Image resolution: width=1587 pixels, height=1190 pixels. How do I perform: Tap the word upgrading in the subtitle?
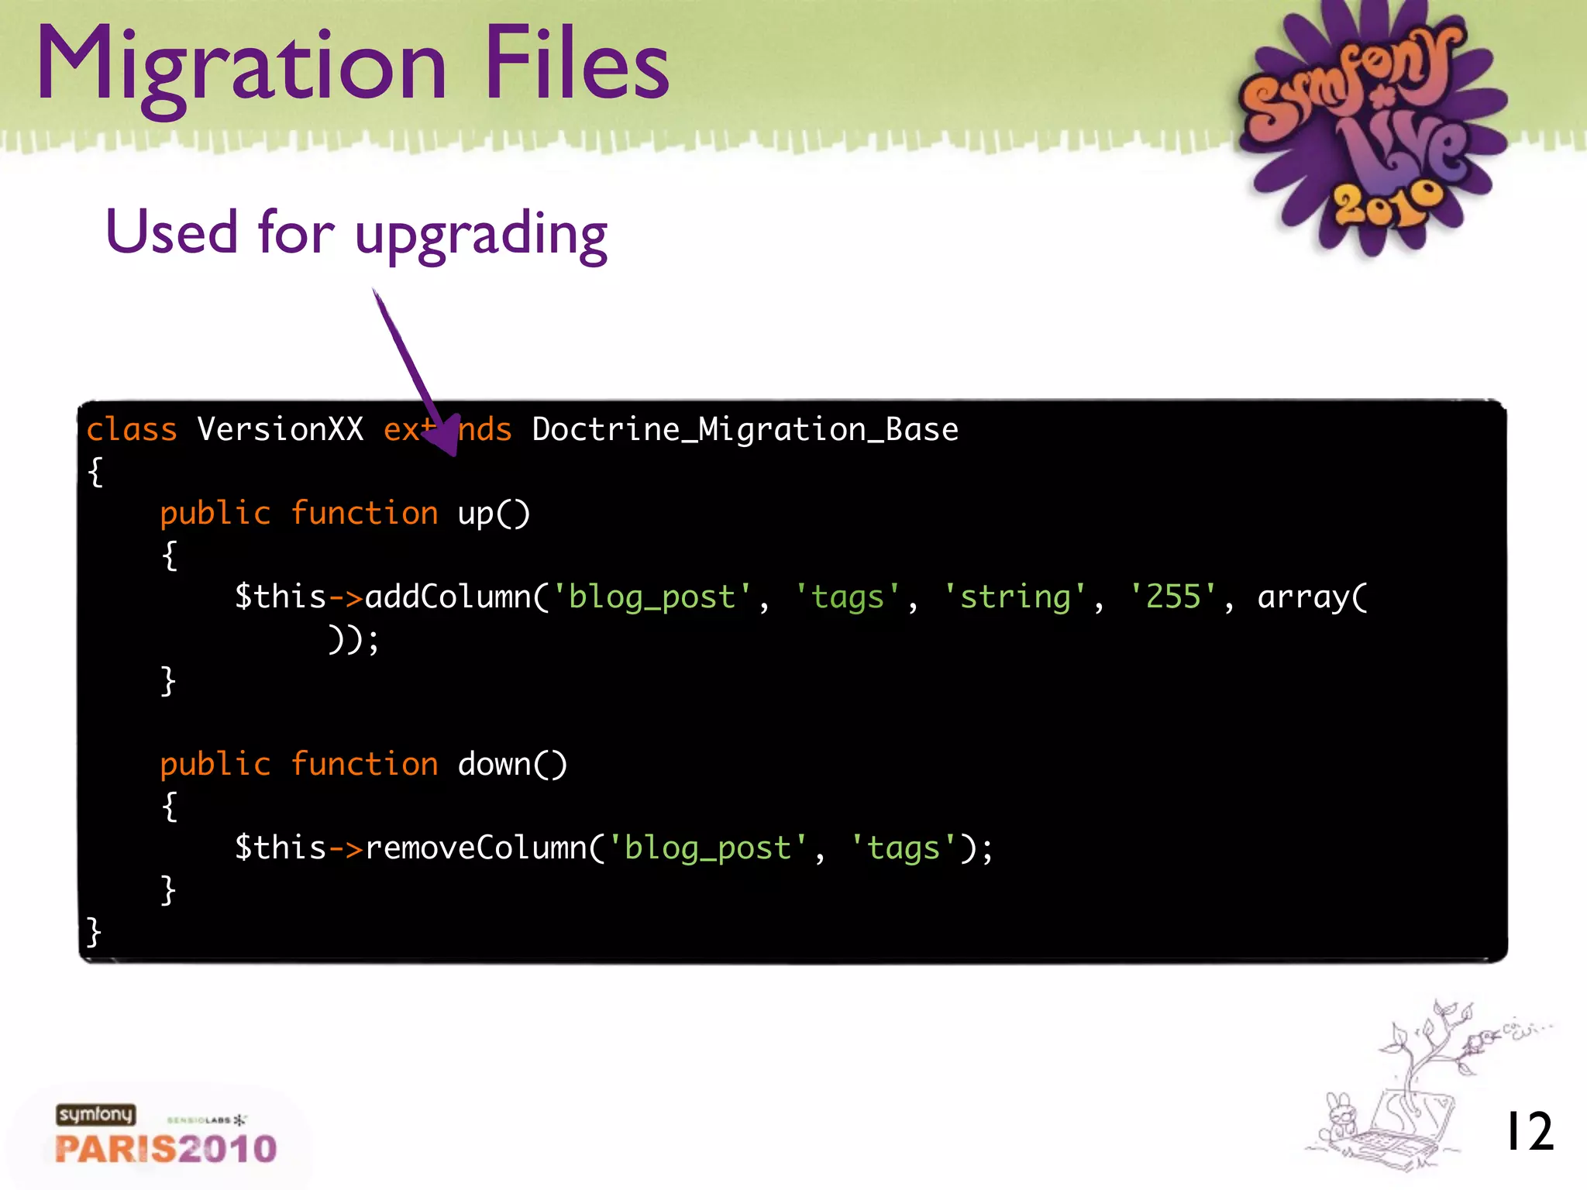pyautogui.click(x=480, y=235)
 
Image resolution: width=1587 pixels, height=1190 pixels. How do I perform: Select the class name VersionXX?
pyautogui.click(x=280, y=429)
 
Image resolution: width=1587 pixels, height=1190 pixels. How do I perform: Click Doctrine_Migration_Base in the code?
pyautogui.click(x=745, y=429)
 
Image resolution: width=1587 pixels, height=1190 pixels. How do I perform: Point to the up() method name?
pyautogui.click(x=493, y=513)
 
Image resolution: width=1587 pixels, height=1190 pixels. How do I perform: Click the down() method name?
pyautogui.click(x=511, y=764)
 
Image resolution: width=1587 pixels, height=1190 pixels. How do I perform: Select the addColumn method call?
pyautogui.click(x=447, y=597)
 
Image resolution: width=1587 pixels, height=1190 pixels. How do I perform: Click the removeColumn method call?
pyautogui.click(x=475, y=848)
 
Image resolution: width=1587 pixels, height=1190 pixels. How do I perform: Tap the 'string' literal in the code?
pyautogui.click(x=1015, y=597)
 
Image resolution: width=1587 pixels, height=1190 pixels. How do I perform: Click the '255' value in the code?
pyautogui.click(x=1173, y=597)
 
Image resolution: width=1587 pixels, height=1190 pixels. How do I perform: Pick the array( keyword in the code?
pyautogui.click(x=1312, y=597)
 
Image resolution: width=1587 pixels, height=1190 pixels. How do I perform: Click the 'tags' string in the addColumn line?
pyautogui.click(x=848, y=597)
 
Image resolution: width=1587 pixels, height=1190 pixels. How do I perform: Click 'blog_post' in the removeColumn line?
pyautogui.click(x=708, y=848)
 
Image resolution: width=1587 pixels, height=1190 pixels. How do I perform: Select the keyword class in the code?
pyautogui.click(x=132, y=429)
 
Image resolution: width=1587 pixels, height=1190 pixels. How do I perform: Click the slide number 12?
pyautogui.click(x=1528, y=1131)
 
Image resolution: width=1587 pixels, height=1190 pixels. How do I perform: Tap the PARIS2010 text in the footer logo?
pyautogui.click(x=166, y=1148)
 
